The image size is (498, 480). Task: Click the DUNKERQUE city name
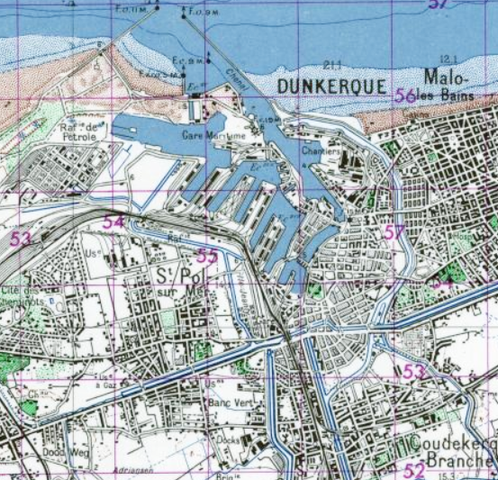tap(332, 87)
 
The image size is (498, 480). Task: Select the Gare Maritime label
tap(213, 136)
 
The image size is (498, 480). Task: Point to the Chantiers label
tap(322, 151)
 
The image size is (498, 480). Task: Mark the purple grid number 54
tap(113, 222)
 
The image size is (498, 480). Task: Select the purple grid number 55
tap(206, 256)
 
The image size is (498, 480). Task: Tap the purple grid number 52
tap(413, 470)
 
